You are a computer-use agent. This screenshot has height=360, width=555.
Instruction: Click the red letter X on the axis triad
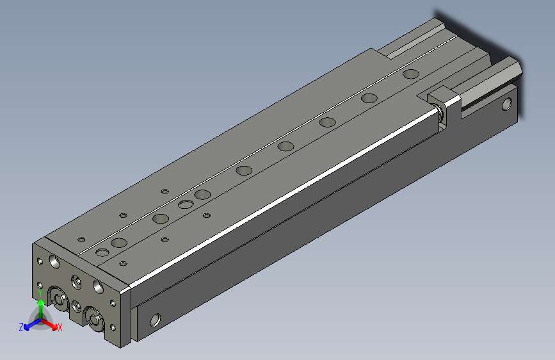pos(60,327)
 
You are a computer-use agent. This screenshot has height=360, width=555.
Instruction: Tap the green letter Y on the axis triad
pos(40,293)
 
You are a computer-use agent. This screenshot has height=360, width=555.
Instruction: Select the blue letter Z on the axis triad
pos(21,327)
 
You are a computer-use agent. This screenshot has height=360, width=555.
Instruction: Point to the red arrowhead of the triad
pos(54,327)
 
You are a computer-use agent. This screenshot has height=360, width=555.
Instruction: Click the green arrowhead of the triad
pos(41,302)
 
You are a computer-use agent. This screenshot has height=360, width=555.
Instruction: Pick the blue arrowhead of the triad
pos(27,327)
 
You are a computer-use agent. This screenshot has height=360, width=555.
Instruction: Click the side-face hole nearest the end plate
pos(156,320)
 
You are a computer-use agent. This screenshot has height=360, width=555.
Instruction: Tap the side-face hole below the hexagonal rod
pos(507,104)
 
